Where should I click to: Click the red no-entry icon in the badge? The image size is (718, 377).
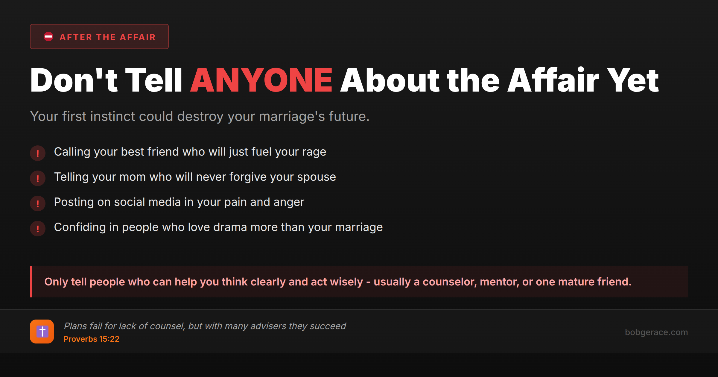point(48,37)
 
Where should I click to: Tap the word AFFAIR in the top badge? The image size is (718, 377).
point(138,37)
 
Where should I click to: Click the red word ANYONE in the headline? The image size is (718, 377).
point(261,80)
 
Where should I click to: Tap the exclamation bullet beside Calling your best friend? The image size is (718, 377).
point(38,153)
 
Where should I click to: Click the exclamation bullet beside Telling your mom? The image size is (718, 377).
point(38,178)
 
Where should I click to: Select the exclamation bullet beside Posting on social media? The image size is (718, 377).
point(38,203)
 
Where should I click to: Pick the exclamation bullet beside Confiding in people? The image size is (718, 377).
point(38,229)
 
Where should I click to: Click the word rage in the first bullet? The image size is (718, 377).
point(314,152)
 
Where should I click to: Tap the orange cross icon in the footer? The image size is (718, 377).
point(42,332)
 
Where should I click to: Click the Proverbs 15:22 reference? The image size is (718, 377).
point(91,339)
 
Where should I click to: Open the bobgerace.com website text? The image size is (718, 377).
point(656,332)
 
